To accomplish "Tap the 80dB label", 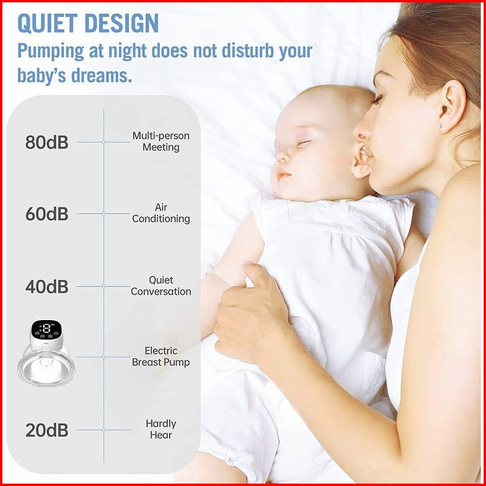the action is tap(47, 142).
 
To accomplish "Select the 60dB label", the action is tap(47, 213).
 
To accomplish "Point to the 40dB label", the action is tap(47, 287).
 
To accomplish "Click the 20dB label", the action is tap(47, 430).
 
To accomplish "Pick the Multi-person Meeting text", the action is tap(161, 141).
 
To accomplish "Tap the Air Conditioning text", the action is tap(161, 213).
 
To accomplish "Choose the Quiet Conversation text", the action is tap(161, 286).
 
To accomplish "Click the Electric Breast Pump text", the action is tap(161, 356).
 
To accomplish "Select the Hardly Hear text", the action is tap(161, 429).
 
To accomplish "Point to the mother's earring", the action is tap(441, 126).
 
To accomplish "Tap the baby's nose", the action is tap(281, 157).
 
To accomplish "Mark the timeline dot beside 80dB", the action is tap(104, 142).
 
